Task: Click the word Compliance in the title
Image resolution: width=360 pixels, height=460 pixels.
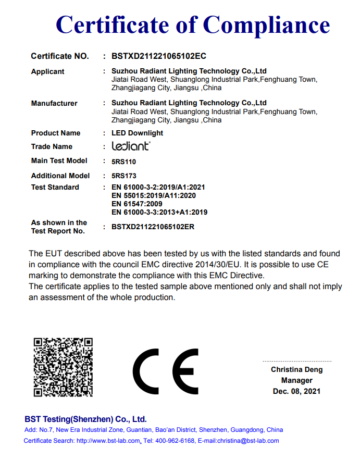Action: coord(266,25)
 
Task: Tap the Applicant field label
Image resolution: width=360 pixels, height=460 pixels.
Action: coord(48,71)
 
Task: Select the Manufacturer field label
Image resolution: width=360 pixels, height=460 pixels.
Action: coord(54,103)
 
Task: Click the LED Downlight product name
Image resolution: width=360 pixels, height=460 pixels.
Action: coord(138,133)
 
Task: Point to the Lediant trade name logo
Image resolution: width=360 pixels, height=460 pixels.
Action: coord(131,146)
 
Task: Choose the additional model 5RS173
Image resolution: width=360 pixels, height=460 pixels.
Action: coord(124,176)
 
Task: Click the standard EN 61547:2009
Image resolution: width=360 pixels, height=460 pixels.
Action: coord(137,204)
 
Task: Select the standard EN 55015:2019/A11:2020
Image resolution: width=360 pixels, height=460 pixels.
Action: coord(154,195)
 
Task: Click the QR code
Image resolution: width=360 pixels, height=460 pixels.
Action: coord(63,367)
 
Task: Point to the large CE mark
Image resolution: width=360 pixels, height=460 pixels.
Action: coord(166,371)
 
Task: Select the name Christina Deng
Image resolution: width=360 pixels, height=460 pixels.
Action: coord(296,369)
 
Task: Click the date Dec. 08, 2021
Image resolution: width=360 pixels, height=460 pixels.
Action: coord(296,391)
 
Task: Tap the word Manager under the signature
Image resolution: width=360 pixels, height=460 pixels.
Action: coord(296,380)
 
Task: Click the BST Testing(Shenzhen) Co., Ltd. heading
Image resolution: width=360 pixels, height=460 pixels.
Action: coord(86,419)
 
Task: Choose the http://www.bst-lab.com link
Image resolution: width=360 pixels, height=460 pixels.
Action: coord(108,441)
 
